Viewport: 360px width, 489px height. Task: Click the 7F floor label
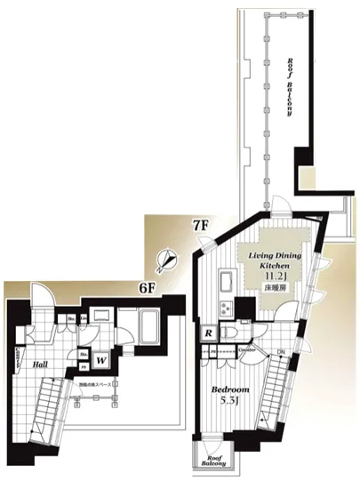[200, 225]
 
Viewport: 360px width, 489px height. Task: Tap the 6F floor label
[146, 287]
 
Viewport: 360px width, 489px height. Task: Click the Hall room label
[40, 363]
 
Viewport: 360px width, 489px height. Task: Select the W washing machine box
[102, 359]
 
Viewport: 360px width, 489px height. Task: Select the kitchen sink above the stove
[224, 284]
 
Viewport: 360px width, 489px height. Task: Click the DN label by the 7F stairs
[282, 354]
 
